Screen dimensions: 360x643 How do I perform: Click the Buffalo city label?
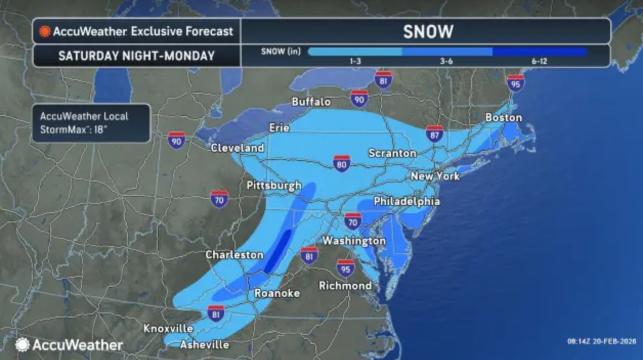(311, 102)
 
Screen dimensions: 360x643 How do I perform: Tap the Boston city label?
(503, 117)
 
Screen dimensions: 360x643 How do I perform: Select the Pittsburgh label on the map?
(274, 185)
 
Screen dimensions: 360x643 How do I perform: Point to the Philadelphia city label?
(406, 201)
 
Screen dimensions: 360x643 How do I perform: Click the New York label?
(435, 176)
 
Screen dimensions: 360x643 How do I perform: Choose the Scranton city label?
(392, 153)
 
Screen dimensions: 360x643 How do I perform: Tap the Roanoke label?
(277, 293)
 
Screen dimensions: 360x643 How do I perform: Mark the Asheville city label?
(204, 345)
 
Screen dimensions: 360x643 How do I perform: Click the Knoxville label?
(168, 328)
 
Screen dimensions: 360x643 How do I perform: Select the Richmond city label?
(345, 286)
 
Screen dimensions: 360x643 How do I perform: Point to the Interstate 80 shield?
(342, 163)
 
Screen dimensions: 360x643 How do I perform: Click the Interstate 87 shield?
(435, 134)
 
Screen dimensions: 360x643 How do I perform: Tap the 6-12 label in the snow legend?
(539, 61)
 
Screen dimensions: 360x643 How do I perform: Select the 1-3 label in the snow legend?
(355, 61)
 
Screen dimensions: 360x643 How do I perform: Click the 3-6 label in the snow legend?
(447, 61)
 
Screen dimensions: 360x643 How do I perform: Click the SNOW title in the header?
(428, 32)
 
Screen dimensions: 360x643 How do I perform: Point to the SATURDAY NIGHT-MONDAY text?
(137, 56)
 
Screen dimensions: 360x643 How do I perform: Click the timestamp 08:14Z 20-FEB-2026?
(601, 341)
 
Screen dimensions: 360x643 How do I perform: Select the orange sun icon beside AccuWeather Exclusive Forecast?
(45, 32)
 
